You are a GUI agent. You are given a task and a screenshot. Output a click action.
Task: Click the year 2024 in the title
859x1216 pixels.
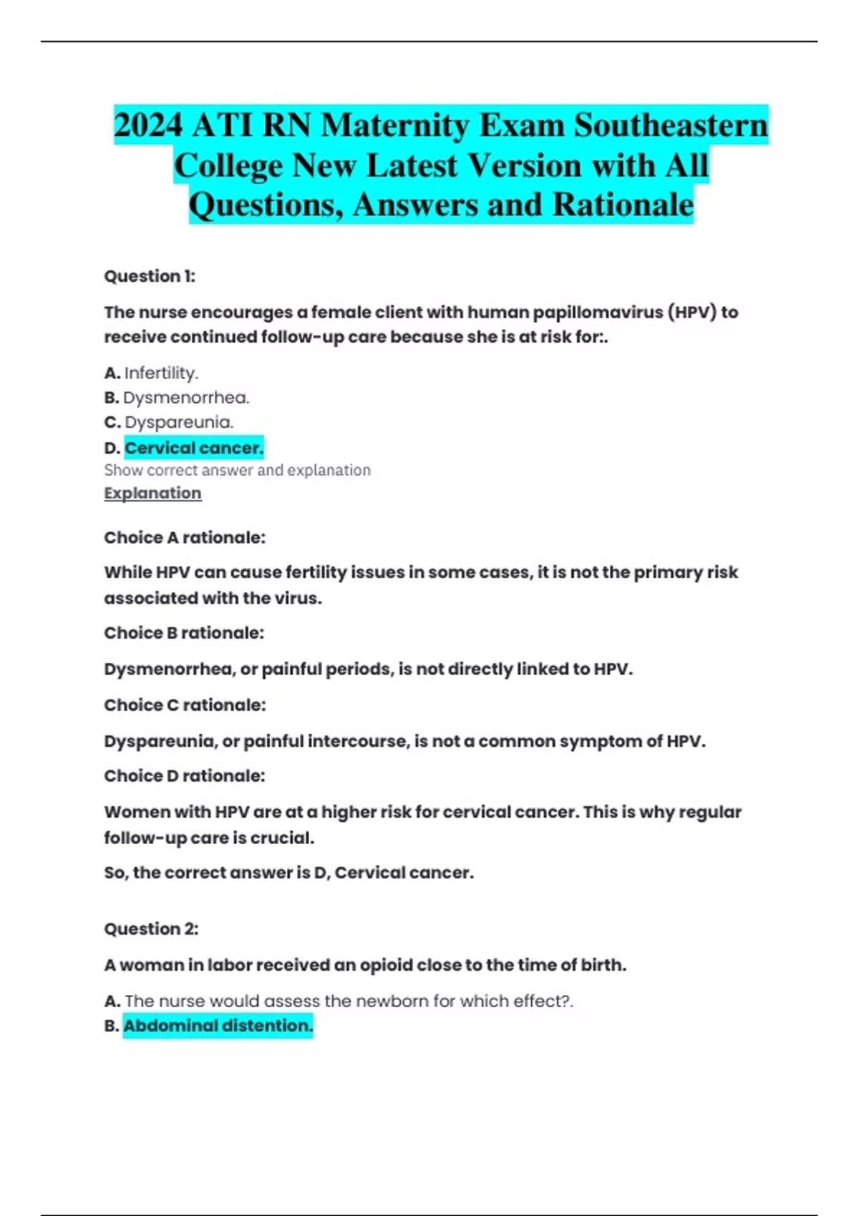point(147,126)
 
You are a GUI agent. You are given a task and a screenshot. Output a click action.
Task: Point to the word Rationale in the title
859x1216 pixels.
point(623,205)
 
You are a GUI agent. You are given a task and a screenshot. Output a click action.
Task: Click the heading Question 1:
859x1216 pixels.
point(150,276)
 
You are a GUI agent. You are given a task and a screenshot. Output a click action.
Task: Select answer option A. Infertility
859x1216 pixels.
point(151,373)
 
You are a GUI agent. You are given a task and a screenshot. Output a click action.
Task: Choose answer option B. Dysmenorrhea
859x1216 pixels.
point(177,398)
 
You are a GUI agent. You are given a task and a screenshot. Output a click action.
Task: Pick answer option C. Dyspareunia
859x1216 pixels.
point(169,422)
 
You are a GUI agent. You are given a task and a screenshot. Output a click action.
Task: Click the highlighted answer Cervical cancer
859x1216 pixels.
point(194,448)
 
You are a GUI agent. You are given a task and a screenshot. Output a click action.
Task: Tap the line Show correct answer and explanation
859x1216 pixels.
point(237,470)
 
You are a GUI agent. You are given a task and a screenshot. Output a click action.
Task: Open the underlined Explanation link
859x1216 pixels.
point(152,493)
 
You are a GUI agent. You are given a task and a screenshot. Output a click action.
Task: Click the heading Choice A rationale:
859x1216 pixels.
point(185,537)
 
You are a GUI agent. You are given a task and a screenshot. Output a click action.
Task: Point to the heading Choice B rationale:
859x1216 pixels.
point(184,633)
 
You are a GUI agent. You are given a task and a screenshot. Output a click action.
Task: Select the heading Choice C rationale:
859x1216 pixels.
point(185,705)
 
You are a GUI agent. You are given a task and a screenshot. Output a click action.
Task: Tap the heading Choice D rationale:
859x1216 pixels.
point(185,776)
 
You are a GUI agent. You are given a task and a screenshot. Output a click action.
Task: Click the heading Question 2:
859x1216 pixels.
point(151,928)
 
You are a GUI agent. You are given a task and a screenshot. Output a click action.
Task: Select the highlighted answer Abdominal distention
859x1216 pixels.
point(218,1026)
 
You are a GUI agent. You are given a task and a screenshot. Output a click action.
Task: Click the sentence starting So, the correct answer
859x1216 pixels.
point(288,873)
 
